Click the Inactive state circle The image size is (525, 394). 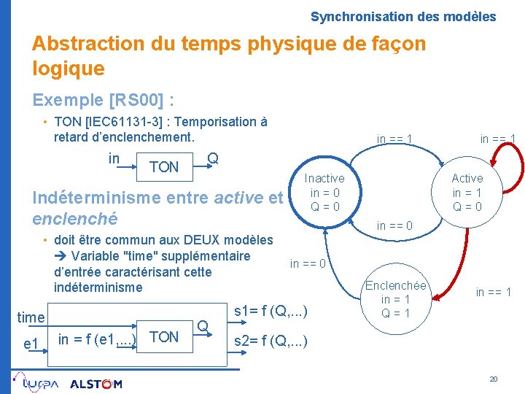click(324, 193)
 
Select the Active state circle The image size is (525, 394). click(467, 193)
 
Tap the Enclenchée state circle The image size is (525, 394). click(396, 299)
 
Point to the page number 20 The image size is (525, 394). click(493, 379)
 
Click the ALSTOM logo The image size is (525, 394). click(96, 384)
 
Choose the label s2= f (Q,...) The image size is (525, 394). click(270, 341)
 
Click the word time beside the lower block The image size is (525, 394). click(31, 317)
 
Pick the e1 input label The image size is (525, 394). click(31, 342)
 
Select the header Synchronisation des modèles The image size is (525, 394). click(402, 16)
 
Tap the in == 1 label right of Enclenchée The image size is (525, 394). click(494, 293)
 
